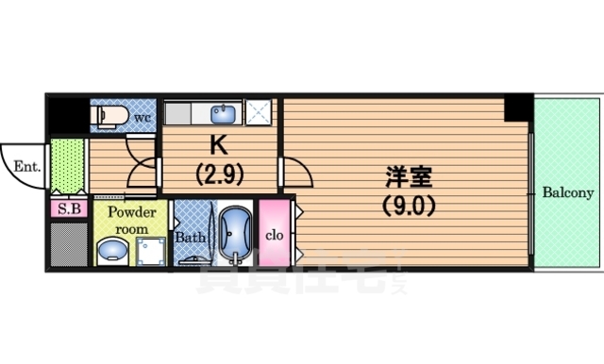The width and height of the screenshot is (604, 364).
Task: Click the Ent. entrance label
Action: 25,167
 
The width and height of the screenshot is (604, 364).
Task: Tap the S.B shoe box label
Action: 68,208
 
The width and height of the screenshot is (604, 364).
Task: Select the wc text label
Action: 143,117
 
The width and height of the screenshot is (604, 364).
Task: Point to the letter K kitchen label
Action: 219,145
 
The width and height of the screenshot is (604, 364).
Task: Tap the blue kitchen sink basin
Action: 224,114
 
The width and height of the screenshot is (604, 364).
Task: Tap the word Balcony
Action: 567,193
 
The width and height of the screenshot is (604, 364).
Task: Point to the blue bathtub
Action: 233,233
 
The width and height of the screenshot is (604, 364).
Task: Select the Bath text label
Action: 189,238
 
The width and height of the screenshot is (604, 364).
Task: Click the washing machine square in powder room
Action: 151,251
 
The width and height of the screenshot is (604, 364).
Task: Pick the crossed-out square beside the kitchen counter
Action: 259,113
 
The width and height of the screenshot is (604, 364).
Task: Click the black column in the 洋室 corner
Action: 517,108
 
